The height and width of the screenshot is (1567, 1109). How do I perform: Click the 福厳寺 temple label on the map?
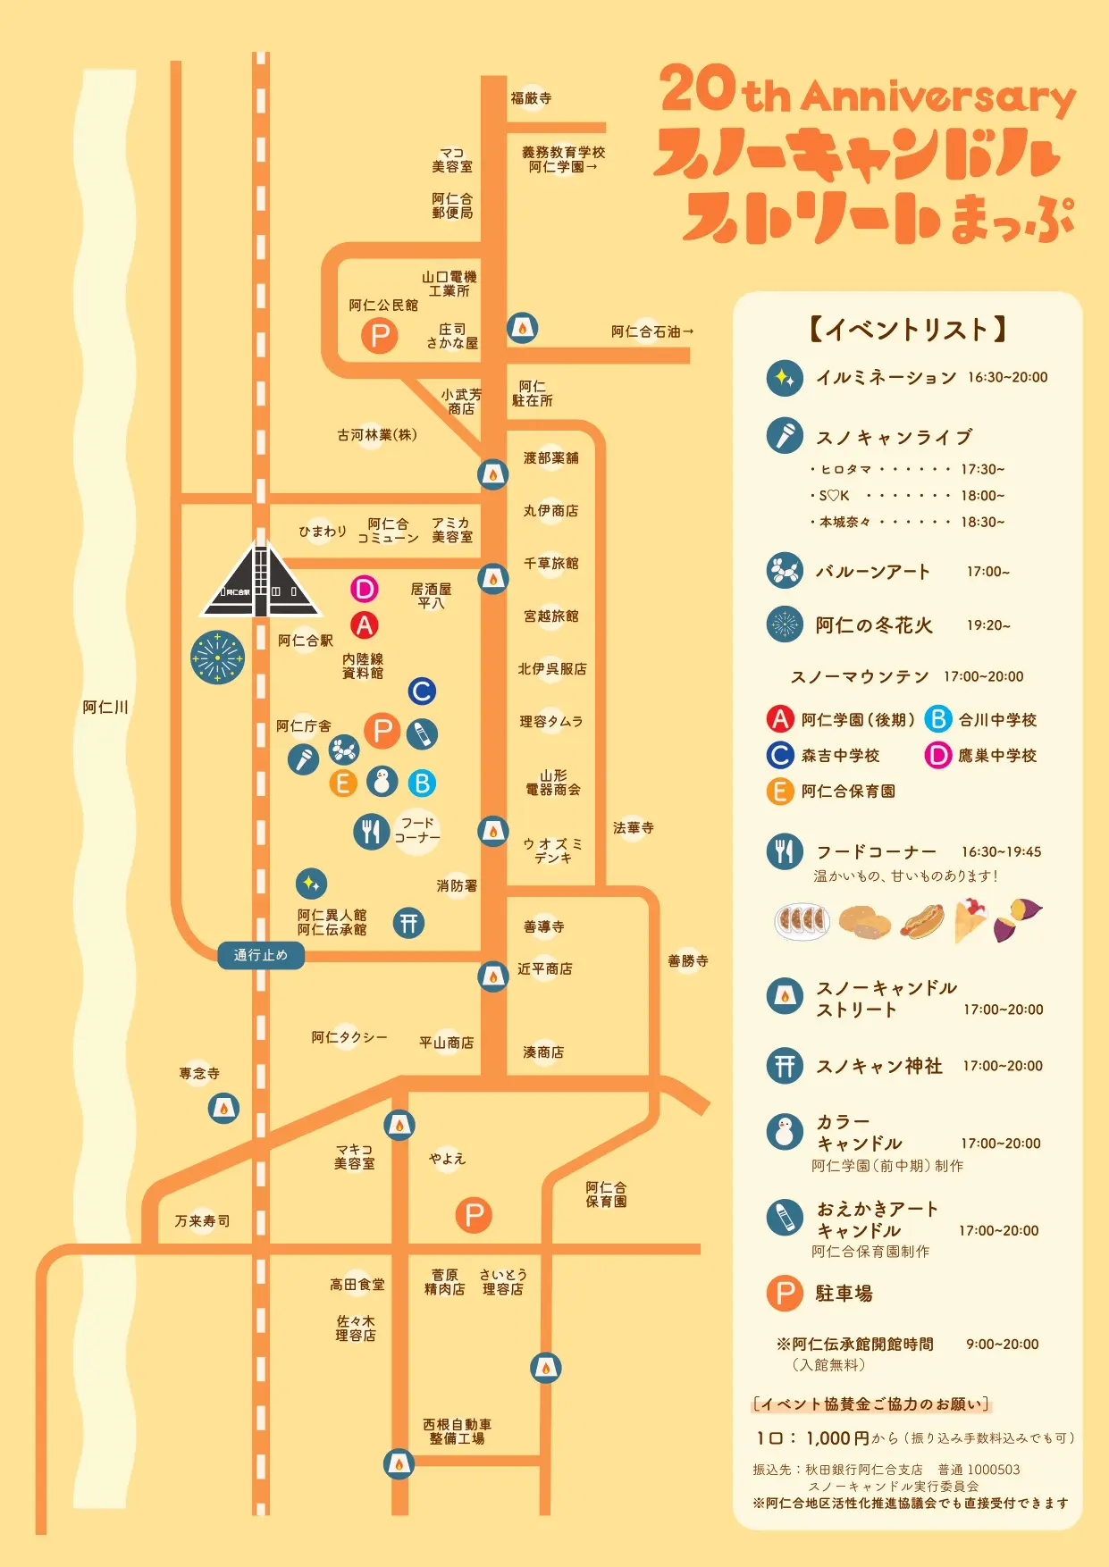point(531,98)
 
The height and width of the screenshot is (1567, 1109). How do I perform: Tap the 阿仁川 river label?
point(105,708)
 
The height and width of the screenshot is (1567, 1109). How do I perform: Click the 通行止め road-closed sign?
point(261,955)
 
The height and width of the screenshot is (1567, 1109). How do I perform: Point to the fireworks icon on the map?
point(217,658)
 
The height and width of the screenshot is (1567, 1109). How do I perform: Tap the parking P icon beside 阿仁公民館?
point(380,336)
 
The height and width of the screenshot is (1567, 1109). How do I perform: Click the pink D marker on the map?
point(364,589)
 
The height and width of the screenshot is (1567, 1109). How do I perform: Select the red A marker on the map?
point(364,625)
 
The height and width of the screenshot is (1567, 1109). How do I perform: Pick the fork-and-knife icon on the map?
point(371,832)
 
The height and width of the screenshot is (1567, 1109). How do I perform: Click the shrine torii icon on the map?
point(408,923)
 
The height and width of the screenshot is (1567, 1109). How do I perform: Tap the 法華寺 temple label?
point(633,828)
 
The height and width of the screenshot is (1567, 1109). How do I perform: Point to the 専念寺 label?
point(199,1073)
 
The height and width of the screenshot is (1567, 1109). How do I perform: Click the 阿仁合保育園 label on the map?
point(606,1194)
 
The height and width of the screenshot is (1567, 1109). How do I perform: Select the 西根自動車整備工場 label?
point(457,1431)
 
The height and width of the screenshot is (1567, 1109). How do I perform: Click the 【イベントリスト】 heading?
point(907,330)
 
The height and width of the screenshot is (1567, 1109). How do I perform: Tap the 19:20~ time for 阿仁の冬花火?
point(988,625)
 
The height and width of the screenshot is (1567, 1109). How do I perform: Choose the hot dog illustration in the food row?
point(921,920)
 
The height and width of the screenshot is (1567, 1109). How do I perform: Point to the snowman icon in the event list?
point(785,1132)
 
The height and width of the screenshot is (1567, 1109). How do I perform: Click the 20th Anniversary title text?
point(867,92)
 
